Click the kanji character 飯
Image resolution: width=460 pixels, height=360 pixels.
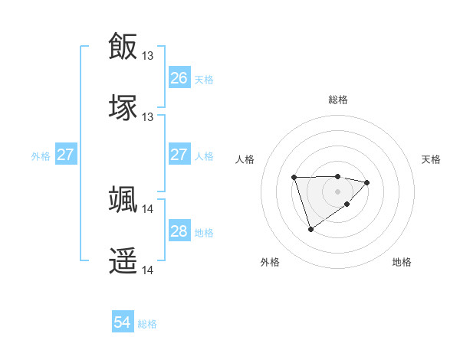click(123, 46)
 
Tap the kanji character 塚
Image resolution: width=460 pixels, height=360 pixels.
click(123, 107)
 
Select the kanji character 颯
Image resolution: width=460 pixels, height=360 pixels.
click(123, 199)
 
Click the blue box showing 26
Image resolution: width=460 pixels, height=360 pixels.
click(179, 77)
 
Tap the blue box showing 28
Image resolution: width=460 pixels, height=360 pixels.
click(179, 231)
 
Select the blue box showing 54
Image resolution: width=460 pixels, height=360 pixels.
click(123, 322)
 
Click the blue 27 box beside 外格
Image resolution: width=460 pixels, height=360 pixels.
click(65, 155)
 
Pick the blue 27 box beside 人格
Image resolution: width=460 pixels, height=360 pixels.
click(179, 155)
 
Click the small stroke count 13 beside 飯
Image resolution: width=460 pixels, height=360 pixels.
click(148, 55)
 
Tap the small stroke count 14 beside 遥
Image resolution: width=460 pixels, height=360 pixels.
click(148, 270)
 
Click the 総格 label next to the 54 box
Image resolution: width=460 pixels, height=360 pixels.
click(147, 324)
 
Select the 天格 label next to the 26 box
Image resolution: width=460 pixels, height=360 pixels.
click(204, 79)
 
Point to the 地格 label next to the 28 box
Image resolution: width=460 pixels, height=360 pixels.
click(204, 233)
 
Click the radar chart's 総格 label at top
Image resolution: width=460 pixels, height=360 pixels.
click(338, 100)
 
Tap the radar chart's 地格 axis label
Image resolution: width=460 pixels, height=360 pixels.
click(402, 263)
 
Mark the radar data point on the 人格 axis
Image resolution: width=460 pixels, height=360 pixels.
click(294, 178)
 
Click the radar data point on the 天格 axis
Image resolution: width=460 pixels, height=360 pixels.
click(367, 182)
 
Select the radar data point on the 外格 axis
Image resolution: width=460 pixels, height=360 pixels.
click(310, 229)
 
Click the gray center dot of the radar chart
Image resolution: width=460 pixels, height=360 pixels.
click(338, 191)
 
